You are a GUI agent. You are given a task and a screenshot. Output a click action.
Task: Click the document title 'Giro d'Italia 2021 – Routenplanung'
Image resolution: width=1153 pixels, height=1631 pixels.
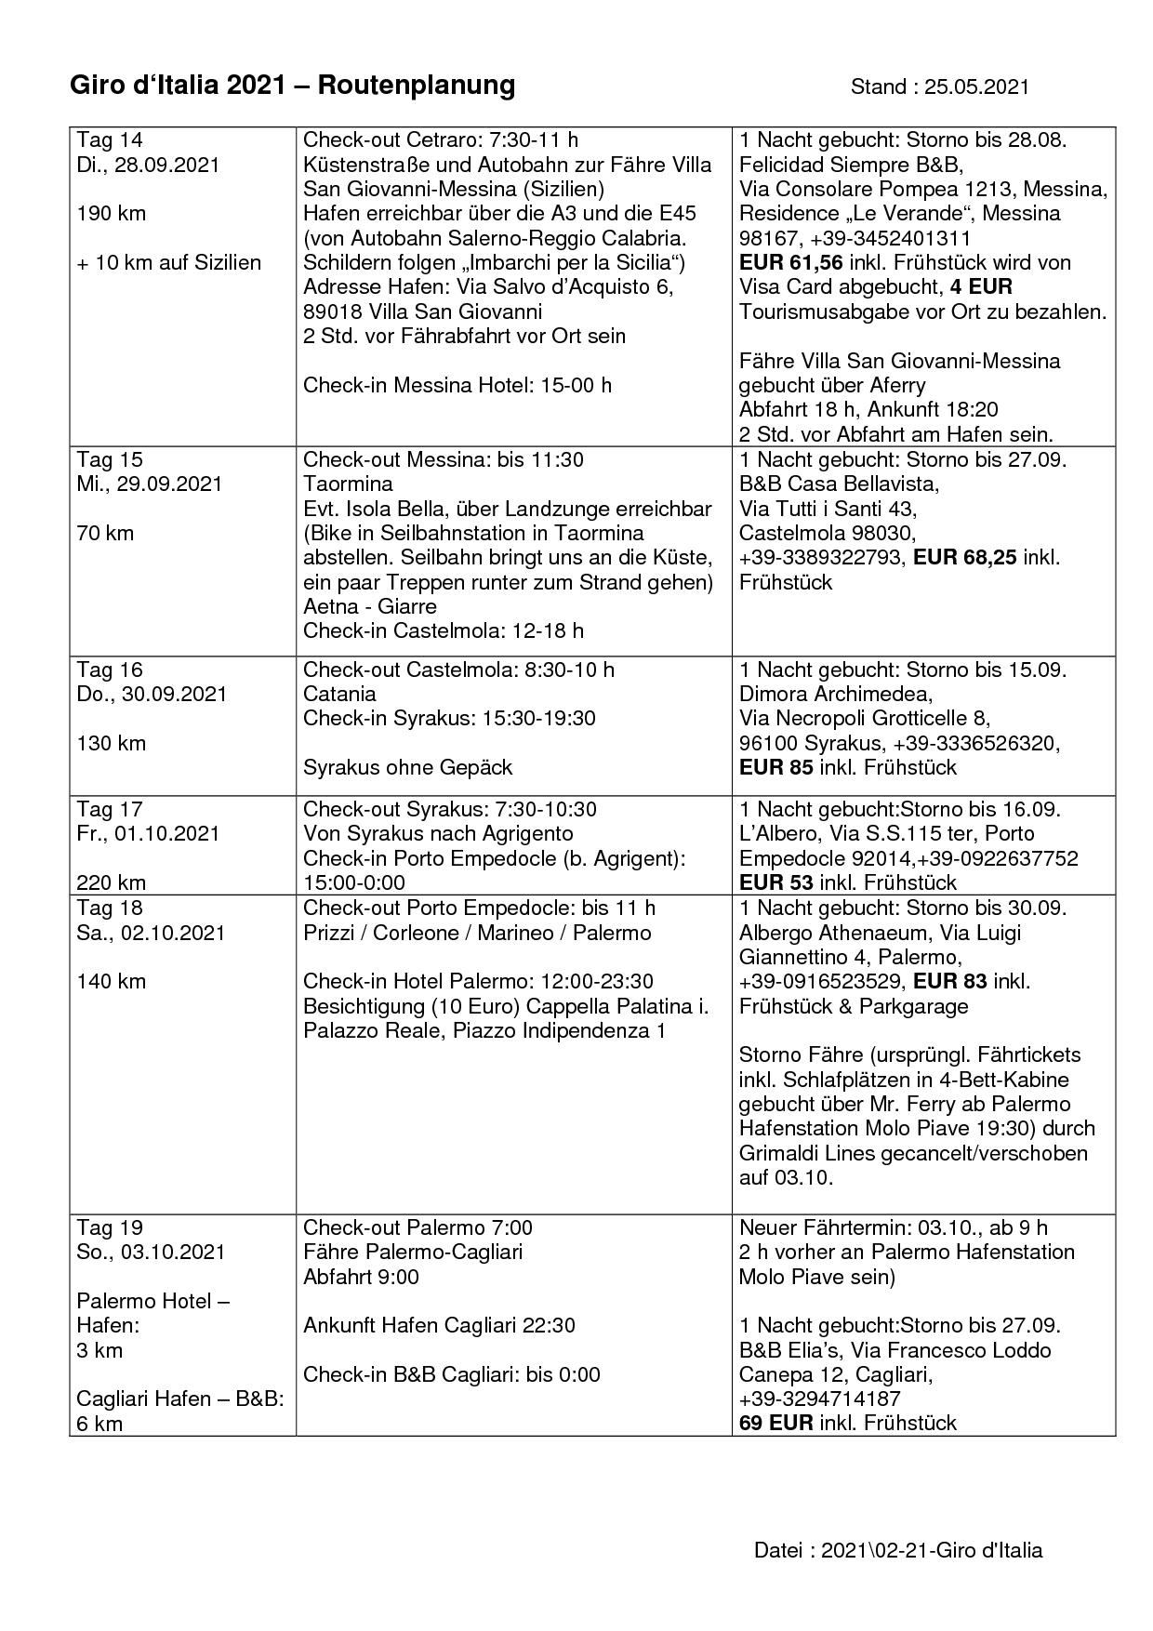292,86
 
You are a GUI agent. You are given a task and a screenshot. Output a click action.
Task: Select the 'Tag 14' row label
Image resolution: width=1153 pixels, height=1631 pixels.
110,139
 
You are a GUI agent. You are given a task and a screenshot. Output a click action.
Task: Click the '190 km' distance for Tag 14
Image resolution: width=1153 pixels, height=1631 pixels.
111,213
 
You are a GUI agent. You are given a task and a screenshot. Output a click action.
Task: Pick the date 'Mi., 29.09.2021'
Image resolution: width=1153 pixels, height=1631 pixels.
149,484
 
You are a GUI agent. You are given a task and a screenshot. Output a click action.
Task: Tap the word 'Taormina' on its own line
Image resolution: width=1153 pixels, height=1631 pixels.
348,484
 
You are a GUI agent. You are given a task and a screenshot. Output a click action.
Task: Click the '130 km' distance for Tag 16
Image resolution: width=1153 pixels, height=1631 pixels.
111,743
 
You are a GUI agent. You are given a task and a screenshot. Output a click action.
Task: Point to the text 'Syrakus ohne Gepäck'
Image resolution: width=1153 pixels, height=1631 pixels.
407,767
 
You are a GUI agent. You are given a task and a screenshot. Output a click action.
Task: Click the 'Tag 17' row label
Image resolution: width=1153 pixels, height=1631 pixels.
110,809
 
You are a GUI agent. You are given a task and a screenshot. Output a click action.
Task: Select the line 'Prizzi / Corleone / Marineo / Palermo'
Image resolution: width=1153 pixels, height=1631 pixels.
477,932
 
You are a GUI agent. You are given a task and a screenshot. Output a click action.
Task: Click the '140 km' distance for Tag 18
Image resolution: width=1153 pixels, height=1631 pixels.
111,981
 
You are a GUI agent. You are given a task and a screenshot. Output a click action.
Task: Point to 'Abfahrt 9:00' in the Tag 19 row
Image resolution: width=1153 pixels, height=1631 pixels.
361,1277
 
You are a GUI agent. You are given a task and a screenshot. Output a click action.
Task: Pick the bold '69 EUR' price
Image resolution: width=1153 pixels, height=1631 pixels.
775,1422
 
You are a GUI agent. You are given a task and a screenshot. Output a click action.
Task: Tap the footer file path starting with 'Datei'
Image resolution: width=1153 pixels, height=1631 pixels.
897,1550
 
